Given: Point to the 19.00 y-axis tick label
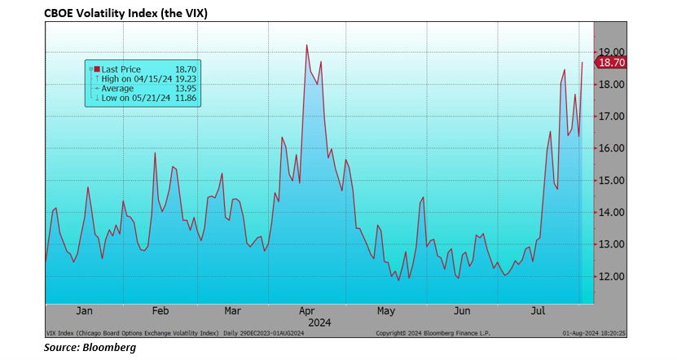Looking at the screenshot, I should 612,52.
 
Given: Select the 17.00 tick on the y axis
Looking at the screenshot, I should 612,116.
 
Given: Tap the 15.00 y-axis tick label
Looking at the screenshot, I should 612,180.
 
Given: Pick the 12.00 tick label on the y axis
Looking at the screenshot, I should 612,276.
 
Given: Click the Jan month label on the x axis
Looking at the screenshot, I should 83,310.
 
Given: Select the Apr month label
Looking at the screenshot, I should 307,310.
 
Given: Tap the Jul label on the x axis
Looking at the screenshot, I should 538,310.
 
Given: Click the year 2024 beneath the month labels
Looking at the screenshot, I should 307,321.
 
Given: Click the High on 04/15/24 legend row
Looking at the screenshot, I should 136,78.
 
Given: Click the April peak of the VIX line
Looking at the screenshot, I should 306,45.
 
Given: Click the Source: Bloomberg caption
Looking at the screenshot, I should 79,347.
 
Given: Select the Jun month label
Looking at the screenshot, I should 462,310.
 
